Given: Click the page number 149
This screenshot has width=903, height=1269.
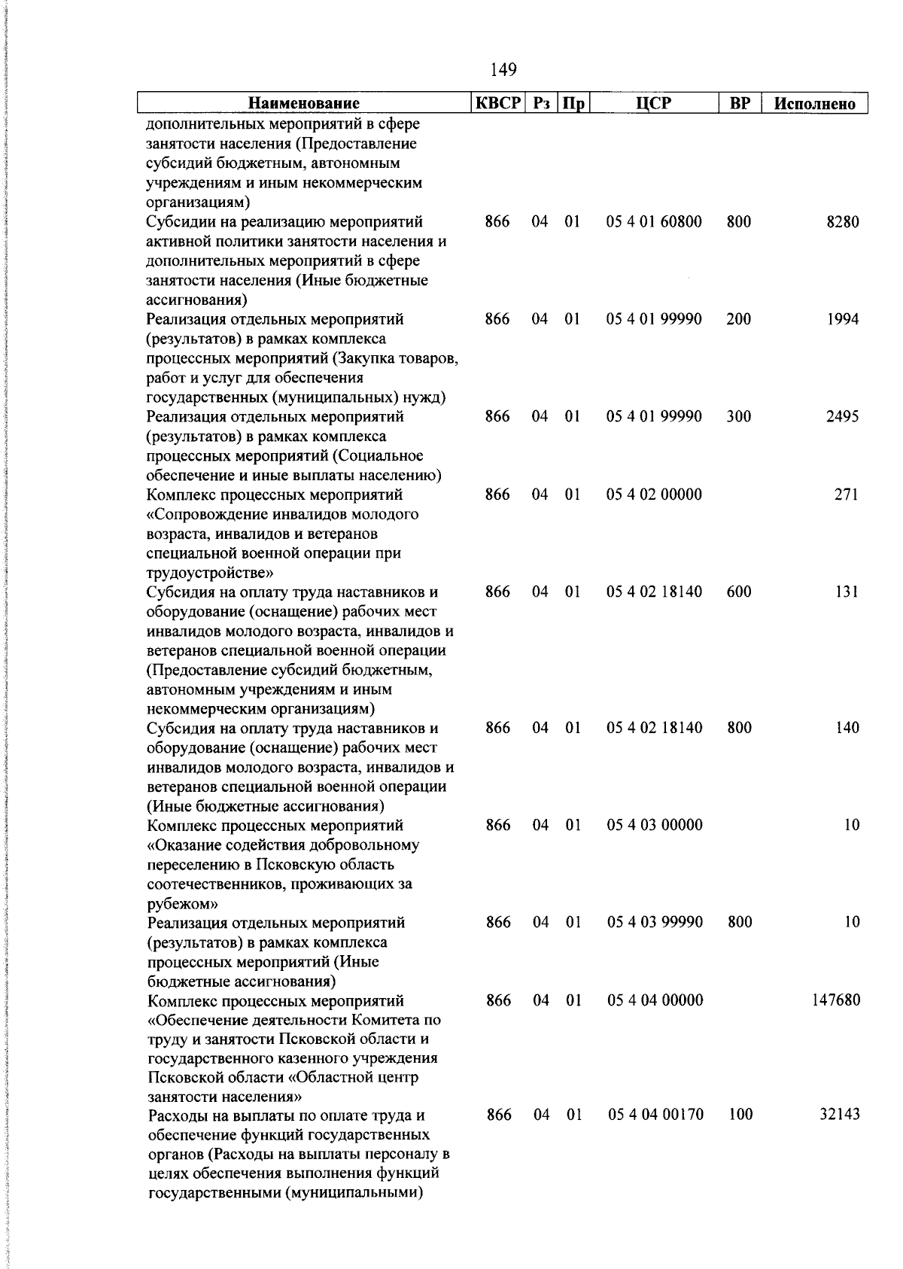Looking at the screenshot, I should click(x=503, y=70).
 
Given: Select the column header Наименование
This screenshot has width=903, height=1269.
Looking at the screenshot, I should click(x=304, y=103).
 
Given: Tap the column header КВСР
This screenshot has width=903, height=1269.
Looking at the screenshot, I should click(x=497, y=103).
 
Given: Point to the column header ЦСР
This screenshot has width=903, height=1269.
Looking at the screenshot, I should click(x=652, y=103).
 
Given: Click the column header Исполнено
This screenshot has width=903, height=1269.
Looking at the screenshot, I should click(x=816, y=104).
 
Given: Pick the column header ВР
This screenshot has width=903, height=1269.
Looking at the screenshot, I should click(x=740, y=103).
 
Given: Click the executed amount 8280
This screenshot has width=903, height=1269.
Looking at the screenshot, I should click(x=842, y=222).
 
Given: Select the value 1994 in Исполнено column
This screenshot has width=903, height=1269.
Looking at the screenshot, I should click(x=842, y=319).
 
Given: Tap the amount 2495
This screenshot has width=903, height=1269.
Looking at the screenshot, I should click(x=842, y=417).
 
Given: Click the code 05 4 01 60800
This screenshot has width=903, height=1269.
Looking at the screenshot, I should click(x=654, y=222).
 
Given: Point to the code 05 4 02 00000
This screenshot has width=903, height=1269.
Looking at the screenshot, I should click(x=654, y=495).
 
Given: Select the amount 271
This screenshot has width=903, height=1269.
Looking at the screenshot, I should click(x=847, y=495).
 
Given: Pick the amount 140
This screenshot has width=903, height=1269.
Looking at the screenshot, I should click(x=847, y=728).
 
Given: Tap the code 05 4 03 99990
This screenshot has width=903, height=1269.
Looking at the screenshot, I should click(x=655, y=922).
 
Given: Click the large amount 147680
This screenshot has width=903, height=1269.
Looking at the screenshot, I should click(x=836, y=1000).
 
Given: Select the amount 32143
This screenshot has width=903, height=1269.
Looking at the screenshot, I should click(x=840, y=1115).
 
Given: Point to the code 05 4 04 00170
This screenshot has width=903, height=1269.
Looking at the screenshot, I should click(x=655, y=1115).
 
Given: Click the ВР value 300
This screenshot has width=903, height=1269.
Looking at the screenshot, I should click(x=739, y=417).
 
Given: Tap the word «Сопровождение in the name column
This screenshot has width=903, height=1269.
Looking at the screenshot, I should click(x=208, y=515).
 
